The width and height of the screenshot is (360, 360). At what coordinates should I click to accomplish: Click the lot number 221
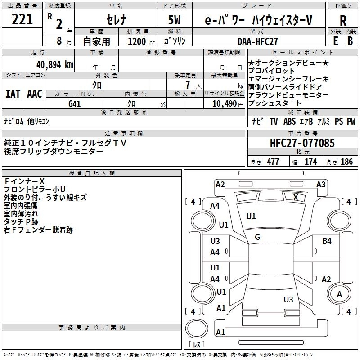pos(22,19)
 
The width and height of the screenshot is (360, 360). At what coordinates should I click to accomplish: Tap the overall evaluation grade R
pos(343,21)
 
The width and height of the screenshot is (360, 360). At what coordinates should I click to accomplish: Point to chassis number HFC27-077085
pos(302,144)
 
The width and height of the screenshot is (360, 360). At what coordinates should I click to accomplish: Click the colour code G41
pos(74,103)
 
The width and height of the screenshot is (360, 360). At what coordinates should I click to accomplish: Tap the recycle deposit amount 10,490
pos(224,103)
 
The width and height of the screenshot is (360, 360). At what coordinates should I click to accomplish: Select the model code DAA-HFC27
pos(258,41)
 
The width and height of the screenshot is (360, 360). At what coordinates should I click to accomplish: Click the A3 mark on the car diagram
pos(321,184)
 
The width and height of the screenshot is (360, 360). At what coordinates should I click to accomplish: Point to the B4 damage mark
pos(327,241)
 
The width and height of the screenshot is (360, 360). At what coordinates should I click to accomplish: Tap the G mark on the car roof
pos(257,237)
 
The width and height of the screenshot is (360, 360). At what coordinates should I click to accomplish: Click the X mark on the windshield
pos(296,197)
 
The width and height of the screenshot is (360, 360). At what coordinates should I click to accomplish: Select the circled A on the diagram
pos(339,294)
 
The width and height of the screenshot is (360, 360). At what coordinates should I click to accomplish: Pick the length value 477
pos(273,162)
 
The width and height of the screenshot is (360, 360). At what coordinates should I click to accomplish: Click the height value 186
pos(347,162)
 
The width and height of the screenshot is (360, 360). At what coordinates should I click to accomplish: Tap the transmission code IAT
pos(13,94)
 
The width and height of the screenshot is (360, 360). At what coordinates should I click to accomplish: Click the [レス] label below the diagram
pos(196,345)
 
